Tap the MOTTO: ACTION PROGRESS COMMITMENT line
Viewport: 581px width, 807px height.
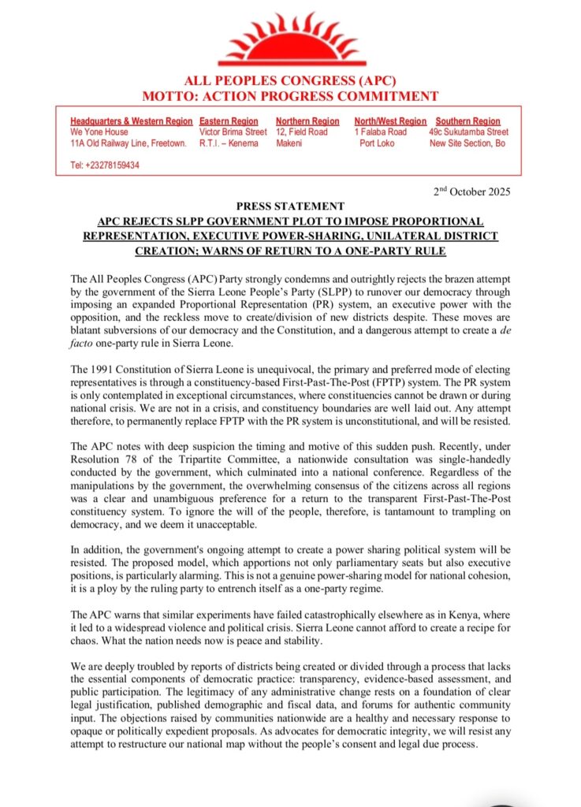tap(289, 96)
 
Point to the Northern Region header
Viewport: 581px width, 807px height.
tap(307, 121)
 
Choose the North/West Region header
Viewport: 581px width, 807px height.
tap(390, 121)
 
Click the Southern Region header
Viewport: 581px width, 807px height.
tap(468, 121)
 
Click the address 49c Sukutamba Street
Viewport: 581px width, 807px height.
tap(469, 132)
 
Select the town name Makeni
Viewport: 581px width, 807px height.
tap(289, 143)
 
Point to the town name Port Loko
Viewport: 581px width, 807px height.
tap(377, 143)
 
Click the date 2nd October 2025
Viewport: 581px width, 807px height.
tap(472, 192)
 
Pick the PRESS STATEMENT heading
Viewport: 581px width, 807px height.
tap(289, 206)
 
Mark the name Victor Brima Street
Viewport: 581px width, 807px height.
tap(233, 132)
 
